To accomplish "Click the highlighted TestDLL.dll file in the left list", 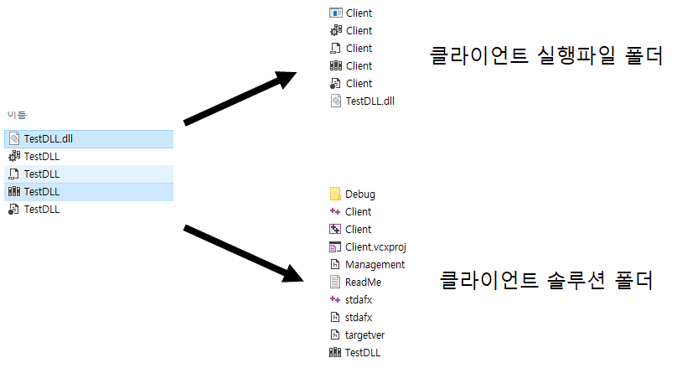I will (49, 138).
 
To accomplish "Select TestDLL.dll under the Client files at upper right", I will (369, 101).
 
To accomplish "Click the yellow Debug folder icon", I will (336, 194).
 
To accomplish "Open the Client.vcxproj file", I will (375, 247).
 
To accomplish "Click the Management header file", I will (375, 265).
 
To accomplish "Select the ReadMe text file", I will (363, 283).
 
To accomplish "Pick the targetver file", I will (364, 335).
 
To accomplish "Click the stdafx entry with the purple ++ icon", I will (358, 300).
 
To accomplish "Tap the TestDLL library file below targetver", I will (362, 353).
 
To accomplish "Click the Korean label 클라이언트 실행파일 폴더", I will (545, 57).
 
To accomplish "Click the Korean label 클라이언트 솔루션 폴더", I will (546, 280).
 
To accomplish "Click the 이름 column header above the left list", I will (17, 114).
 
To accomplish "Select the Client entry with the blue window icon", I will (359, 13).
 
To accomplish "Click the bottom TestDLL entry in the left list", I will (41, 210).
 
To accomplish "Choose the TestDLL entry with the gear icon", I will (41, 157).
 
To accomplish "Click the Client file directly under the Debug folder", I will (358, 212).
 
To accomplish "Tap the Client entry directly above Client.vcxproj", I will (358, 230).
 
